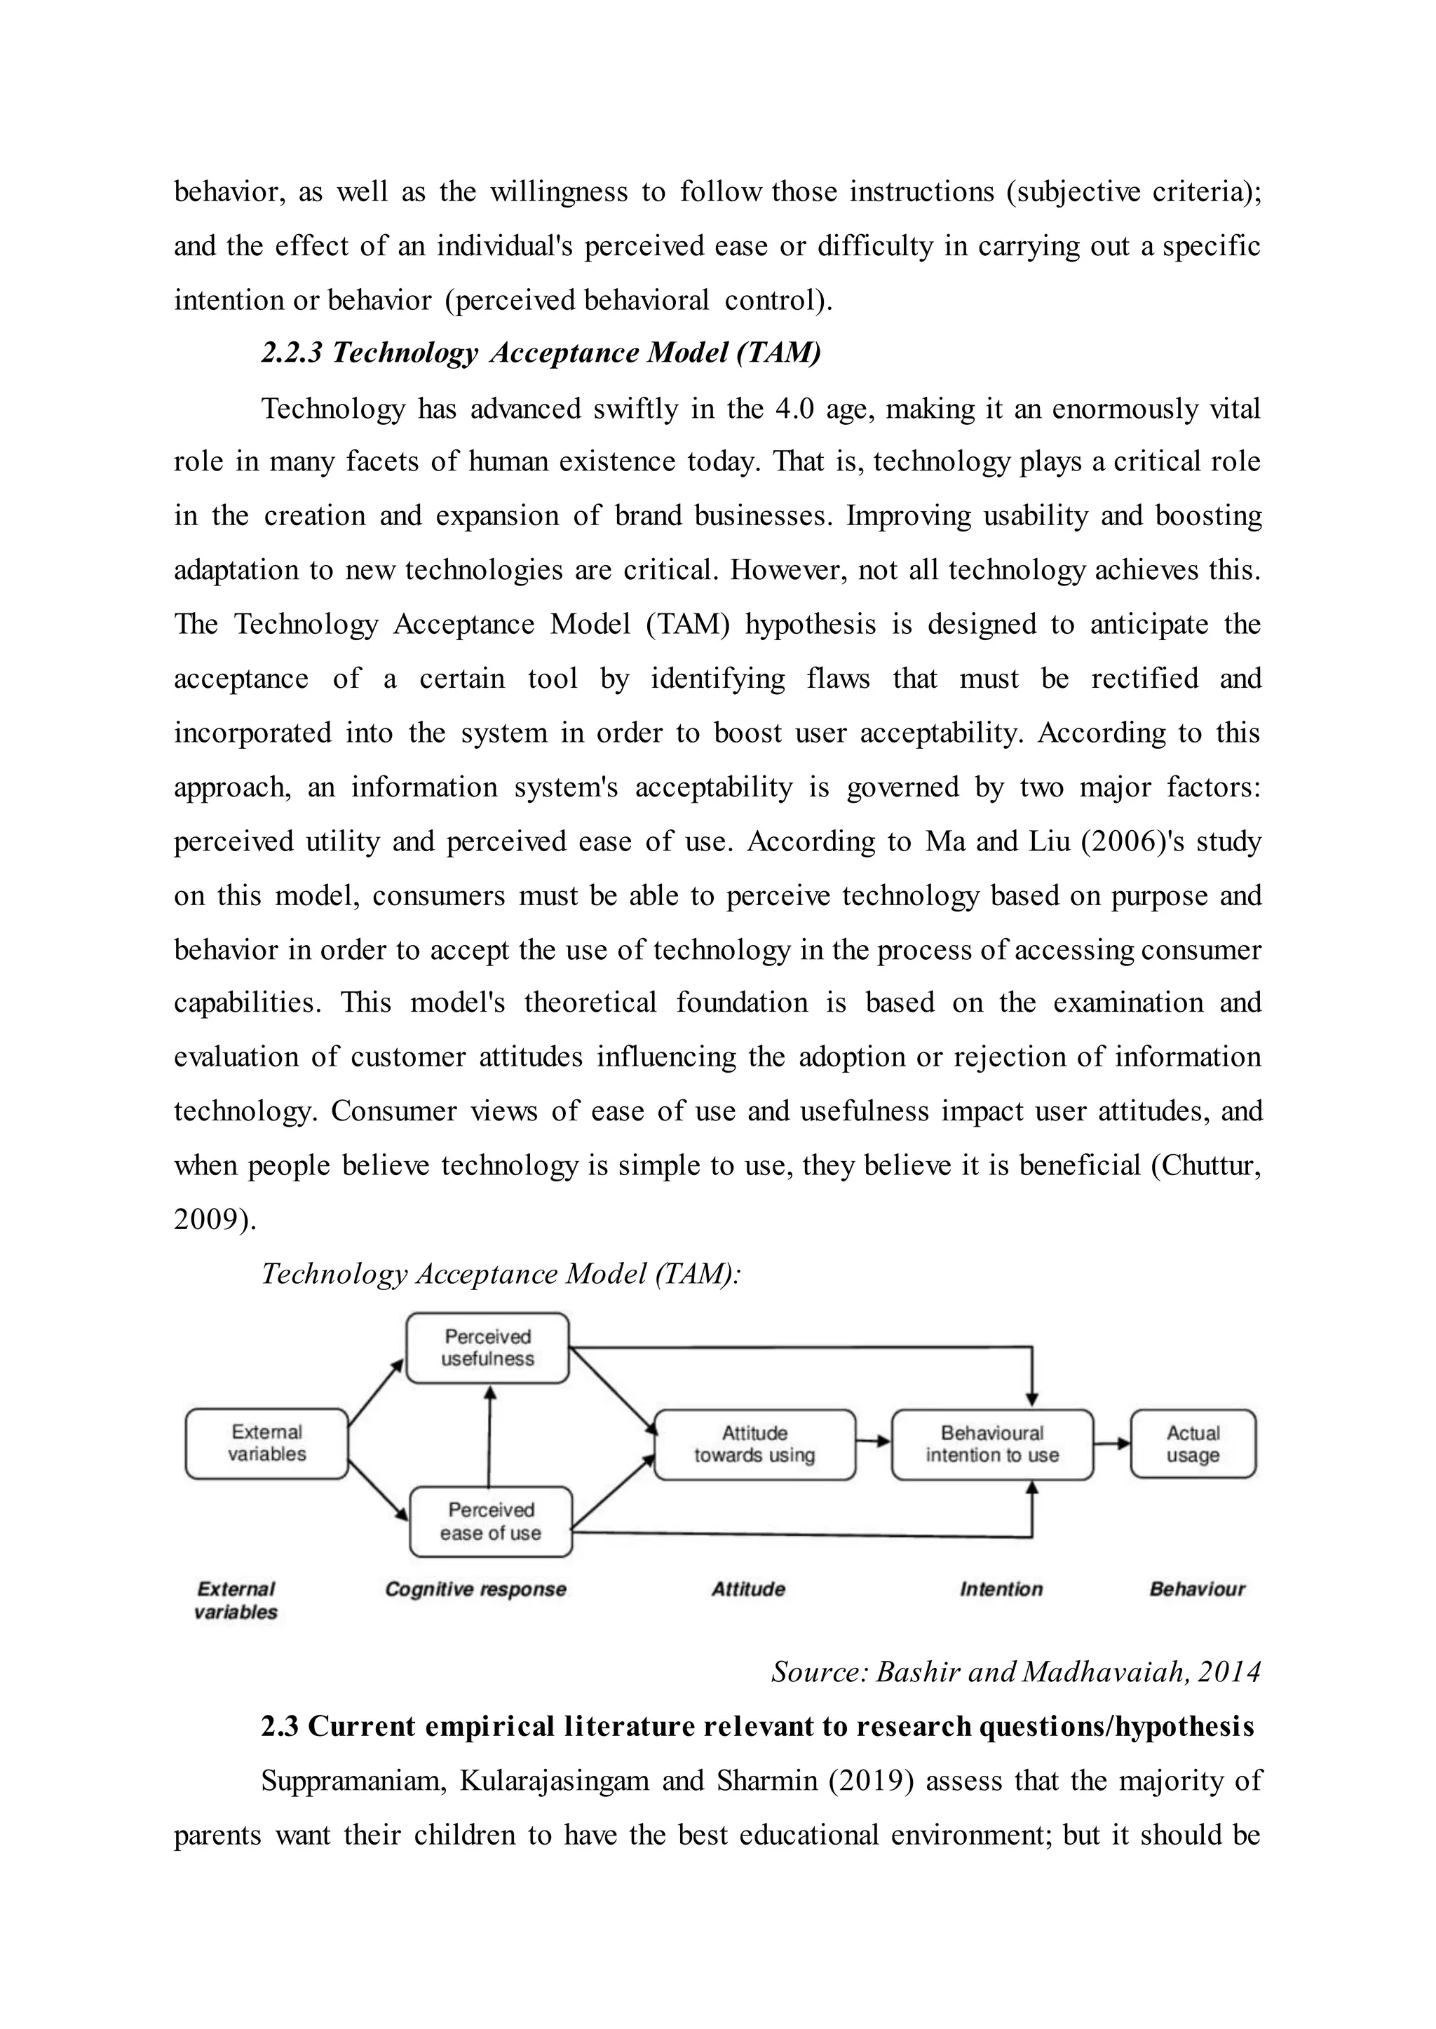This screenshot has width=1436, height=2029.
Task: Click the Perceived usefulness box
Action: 487,1348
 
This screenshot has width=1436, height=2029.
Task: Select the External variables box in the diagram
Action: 266,1443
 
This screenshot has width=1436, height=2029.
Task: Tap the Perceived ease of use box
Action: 491,1521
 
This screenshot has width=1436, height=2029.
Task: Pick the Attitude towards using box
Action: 754,1444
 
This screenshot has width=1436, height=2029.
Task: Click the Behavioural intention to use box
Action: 992,1444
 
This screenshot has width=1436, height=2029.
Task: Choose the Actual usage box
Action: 1193,1444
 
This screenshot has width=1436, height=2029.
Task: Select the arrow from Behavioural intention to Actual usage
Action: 1111,1443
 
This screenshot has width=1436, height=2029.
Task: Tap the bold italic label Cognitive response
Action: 475,1589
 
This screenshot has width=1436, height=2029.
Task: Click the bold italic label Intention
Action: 1001,1589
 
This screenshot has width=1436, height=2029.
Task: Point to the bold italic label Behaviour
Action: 1196,1589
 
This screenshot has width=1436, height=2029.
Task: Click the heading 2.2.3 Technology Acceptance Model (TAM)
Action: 541,353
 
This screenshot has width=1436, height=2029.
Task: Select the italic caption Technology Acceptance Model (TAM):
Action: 501,1274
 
